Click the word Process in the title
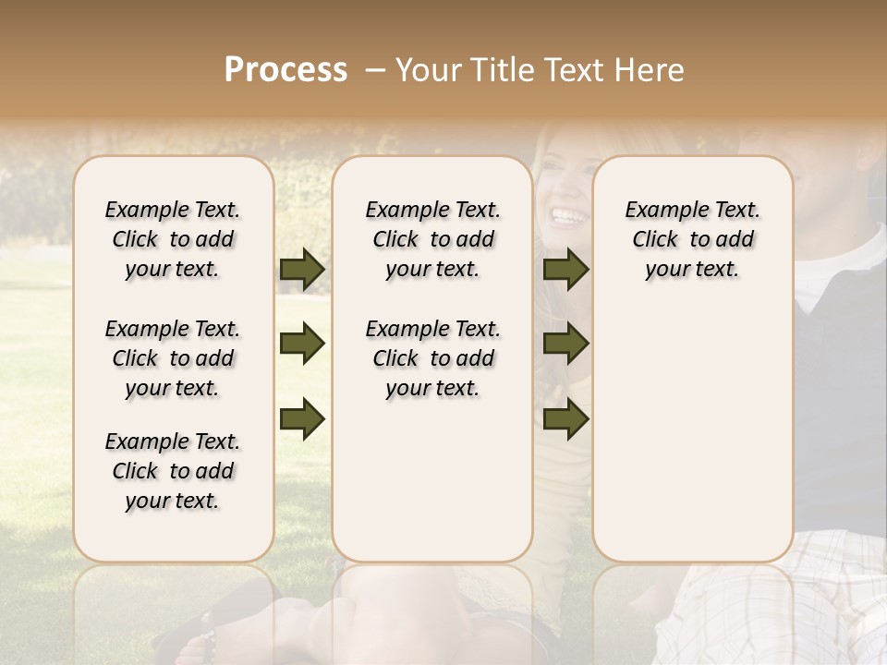point(286,70)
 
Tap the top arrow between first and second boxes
point(302,269)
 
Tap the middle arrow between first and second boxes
point(302,344)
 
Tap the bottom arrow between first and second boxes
point(302,418)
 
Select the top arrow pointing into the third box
point(565,269)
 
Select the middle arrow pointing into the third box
point(565,344)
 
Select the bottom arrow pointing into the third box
point(565,418)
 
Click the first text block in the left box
point(173,239)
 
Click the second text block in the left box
point(173,358)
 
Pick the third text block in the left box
point(173,471)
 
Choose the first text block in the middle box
point(432,239)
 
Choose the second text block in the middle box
point(432,358)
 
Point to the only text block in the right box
point(692,239)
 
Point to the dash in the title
point(374,70)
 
